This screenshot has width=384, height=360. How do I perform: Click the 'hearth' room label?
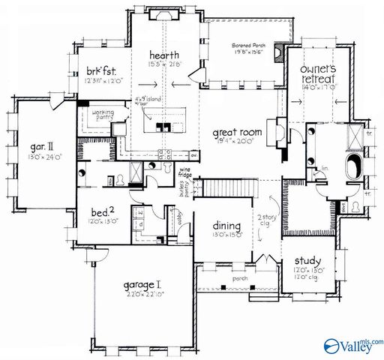[163, 55]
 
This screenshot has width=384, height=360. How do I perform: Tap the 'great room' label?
[236, 132]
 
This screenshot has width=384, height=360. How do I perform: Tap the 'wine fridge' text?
[184, 176]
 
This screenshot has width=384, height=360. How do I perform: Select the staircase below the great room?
[221, 187]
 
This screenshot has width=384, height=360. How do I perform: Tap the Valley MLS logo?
[352, 346]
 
